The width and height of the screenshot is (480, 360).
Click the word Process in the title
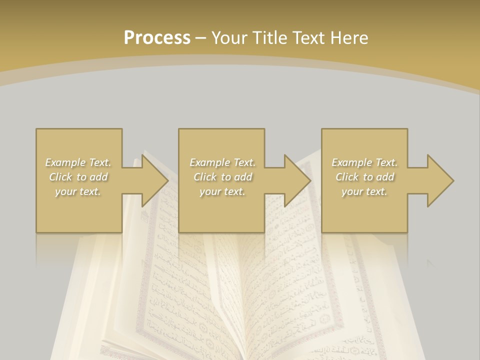coord(157,38)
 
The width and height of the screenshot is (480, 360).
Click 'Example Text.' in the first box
coord(78,162)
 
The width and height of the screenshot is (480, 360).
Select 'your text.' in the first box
coord(78,191)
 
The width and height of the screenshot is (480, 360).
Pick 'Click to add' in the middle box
coord(222,177)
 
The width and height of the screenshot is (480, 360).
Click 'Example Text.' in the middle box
coord(222,162)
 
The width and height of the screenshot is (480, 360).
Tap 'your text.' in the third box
coord(364,191)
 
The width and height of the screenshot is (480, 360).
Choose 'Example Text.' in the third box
coord(364,162)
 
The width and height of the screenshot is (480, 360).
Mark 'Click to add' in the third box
coord(364,177)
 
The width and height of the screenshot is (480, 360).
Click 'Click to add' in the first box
coord(78,177)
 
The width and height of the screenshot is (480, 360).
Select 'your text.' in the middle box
coord(222,191)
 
